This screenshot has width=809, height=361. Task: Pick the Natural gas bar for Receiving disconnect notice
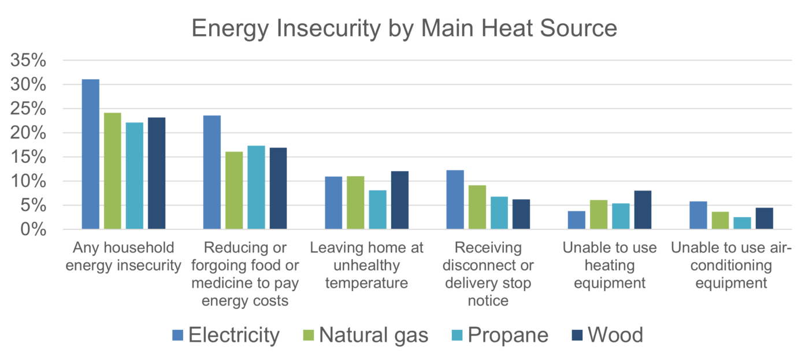pyautogui.click(x=477, y=207)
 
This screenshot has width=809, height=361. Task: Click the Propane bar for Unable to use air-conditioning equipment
pyautogui.click(x=741, y=223)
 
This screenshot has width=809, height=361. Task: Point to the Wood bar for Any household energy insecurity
pyautogui.click(x=156, y=173)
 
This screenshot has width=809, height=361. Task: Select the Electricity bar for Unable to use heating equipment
pyautogui.click(x=576, y=220)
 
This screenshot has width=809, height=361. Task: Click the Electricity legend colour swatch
pyautogui.click(x=178, y=335)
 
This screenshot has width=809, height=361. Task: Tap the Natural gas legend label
pyautogui.click(x=373, y=335)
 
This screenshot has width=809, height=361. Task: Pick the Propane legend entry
pyautogui.click(x=500, y=335)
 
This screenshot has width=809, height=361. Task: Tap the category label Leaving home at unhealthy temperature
pyautogui.click(x=367, y=266)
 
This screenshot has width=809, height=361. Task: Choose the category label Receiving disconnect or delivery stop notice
pyautogui.click(x=488, y=274)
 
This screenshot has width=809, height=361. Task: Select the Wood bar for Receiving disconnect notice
pyautogui.click(x=521, y=214)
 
